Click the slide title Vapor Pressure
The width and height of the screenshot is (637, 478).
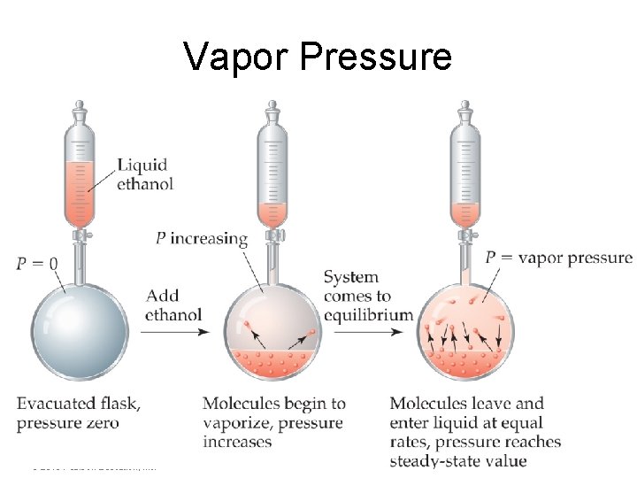click(x=318, y=57)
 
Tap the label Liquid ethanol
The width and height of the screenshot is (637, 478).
click(x=145, y=174)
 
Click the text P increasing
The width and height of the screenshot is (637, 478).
click(x=201, y=238)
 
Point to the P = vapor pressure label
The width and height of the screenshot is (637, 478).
click(x=558, y=258)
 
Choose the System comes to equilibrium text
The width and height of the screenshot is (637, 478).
click(x=368, y=296)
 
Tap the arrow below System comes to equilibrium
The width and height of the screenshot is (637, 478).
click(x=368, y=332)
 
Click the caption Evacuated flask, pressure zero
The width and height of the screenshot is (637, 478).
click(x=78, y=413)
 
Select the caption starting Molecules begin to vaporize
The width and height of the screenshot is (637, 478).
click(x=272, y=422)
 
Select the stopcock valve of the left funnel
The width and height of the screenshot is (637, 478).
click(x=82, y=235)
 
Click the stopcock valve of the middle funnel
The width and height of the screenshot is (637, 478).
click(x=273, y=235)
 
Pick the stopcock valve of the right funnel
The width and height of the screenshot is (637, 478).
click(x=464, y=235)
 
